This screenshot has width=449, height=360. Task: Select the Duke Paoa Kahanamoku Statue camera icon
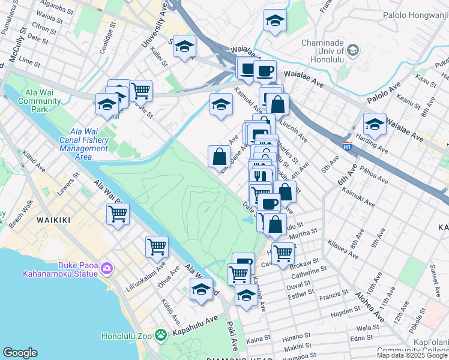point(107,267)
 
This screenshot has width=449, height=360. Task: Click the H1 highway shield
point(347,145)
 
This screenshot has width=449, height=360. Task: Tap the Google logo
point(20,353)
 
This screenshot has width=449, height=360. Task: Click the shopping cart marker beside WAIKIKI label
point(118,213)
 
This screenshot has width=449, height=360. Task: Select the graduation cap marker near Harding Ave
point(375,124)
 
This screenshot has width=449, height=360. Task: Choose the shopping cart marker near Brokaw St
point(283,253)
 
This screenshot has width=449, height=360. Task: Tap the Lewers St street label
point(68,184)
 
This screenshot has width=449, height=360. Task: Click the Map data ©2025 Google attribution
point(412,355)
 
